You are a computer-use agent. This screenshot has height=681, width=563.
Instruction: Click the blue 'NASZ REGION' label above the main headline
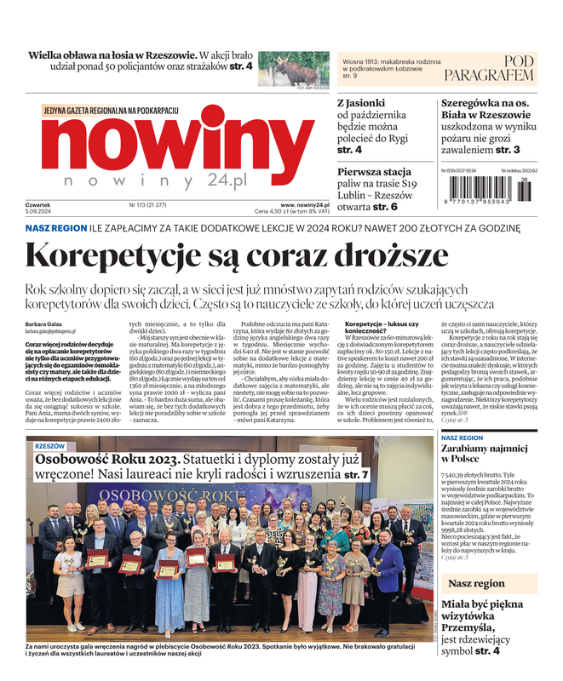coord(55,229)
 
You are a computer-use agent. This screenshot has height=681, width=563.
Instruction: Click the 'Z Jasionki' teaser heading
coord(361,102)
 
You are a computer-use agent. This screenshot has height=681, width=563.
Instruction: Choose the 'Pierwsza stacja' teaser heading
coord(377,170)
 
